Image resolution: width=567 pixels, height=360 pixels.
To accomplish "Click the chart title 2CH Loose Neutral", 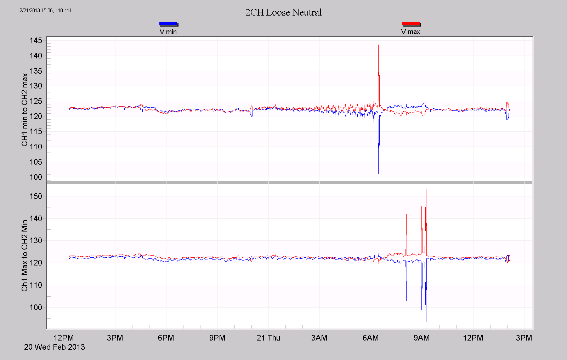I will (283, 12).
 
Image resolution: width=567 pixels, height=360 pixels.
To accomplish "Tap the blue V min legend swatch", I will (168, 24).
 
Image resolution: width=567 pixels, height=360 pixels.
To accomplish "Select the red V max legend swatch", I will (411, 24).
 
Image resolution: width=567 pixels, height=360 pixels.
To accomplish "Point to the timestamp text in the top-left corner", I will (45, 10).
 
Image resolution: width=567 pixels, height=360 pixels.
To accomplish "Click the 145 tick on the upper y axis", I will (36, 40).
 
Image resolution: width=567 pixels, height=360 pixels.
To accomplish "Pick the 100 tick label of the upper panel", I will (36, 177).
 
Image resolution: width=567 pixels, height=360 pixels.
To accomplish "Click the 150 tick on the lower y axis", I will (36, 196).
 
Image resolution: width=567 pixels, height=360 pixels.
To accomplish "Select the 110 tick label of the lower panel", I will (36, 285).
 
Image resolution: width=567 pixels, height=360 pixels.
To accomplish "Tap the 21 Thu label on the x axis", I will (268, 338).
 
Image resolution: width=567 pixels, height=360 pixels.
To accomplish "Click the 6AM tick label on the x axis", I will (370, 338).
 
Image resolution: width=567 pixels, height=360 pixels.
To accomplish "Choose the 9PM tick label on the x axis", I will (217, 338).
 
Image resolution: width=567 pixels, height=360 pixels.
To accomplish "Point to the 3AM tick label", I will (319, 338).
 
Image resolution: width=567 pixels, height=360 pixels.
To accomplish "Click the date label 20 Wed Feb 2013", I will (55, 347).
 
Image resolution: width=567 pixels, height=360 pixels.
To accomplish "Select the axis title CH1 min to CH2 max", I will (24, 109).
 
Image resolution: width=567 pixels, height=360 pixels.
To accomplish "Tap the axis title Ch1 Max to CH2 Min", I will (24, 255).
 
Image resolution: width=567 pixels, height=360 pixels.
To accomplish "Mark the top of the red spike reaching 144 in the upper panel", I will (379, 44).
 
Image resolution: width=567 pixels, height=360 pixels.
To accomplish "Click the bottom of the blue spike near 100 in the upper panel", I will (379, 175).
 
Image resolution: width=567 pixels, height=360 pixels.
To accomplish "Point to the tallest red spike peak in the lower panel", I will (426, 190).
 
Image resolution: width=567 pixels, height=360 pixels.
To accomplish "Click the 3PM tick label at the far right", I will (524, 338).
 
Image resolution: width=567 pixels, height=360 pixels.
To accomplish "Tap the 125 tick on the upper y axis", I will (36, 101).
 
